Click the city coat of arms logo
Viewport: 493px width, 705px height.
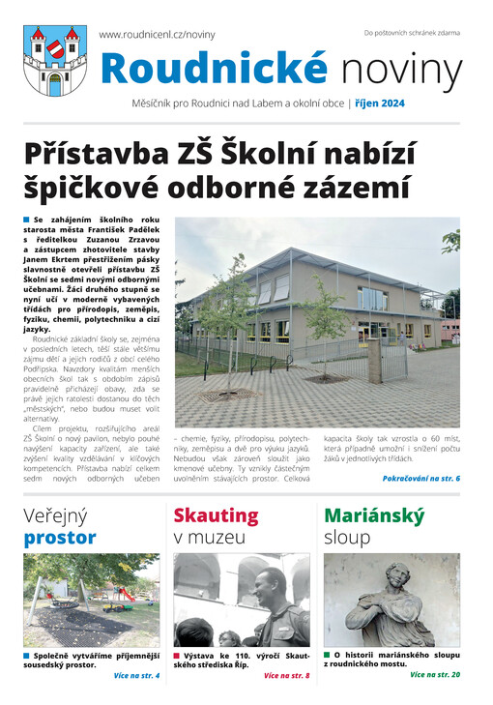tap(54, 60)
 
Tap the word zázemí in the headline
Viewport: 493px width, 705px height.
tap(328, 187)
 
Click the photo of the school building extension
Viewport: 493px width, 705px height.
tap(317, 309)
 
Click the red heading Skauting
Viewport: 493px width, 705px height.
tap(217, 515)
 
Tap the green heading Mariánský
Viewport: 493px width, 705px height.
tap(374, 515)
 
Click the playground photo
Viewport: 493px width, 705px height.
tap(92, 599)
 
